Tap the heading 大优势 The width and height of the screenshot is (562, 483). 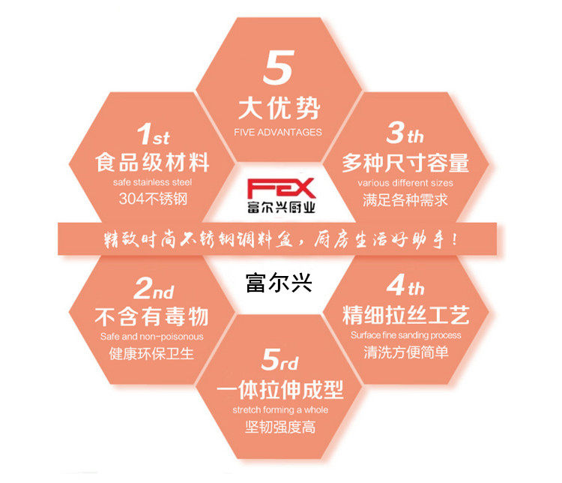(x=279, y=109)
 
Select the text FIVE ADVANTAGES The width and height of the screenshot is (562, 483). (x=278, y=133)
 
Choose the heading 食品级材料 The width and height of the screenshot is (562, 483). (x=154, y=162)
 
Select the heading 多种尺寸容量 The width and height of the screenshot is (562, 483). (x=405, y=162)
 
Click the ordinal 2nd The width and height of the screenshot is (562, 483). (x=154, y=288)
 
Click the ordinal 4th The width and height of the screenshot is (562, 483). (x=405, y=287)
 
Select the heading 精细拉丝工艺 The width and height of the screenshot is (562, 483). (x=405, y=313)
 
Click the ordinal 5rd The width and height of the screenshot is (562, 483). (x=280, y=362)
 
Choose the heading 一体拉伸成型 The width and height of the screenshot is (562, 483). (x=280, y=390)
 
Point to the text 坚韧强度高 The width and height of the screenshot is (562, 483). (x=280, y=427)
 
